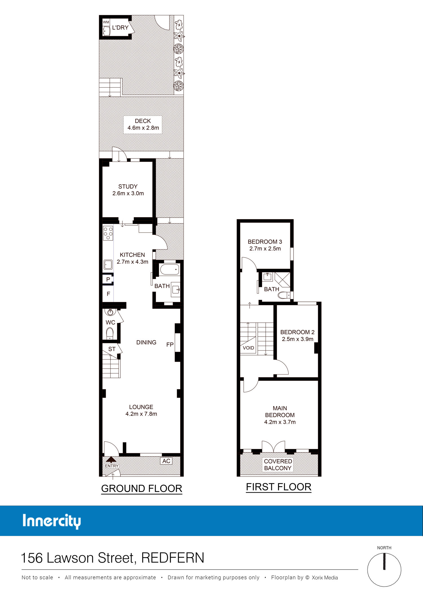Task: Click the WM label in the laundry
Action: [x=106, y=22]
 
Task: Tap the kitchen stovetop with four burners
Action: [x=108, y=233]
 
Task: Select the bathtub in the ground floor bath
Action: [x=169, y=269]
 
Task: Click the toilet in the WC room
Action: [x=110, y=333]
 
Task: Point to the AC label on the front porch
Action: [x=166, y=461]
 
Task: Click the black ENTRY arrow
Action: [x=111, y=460]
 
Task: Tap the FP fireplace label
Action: [x=170, y=344]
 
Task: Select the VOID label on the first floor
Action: [x=248, y=348]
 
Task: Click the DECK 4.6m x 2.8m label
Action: [x=143, y=124]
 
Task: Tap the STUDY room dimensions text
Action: [x=128, y=193]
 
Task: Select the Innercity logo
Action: [x=52, y=522]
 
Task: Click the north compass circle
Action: [x=384, y=570]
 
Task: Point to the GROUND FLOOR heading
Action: [x=142, y=488]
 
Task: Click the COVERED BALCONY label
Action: [x=278, y=464]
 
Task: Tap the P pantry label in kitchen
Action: [x=108, y=280]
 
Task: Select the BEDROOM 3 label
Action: [x=265, y=242]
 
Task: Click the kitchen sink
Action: [x=108, y=265]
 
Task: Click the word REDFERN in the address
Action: [x=173, y=558]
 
